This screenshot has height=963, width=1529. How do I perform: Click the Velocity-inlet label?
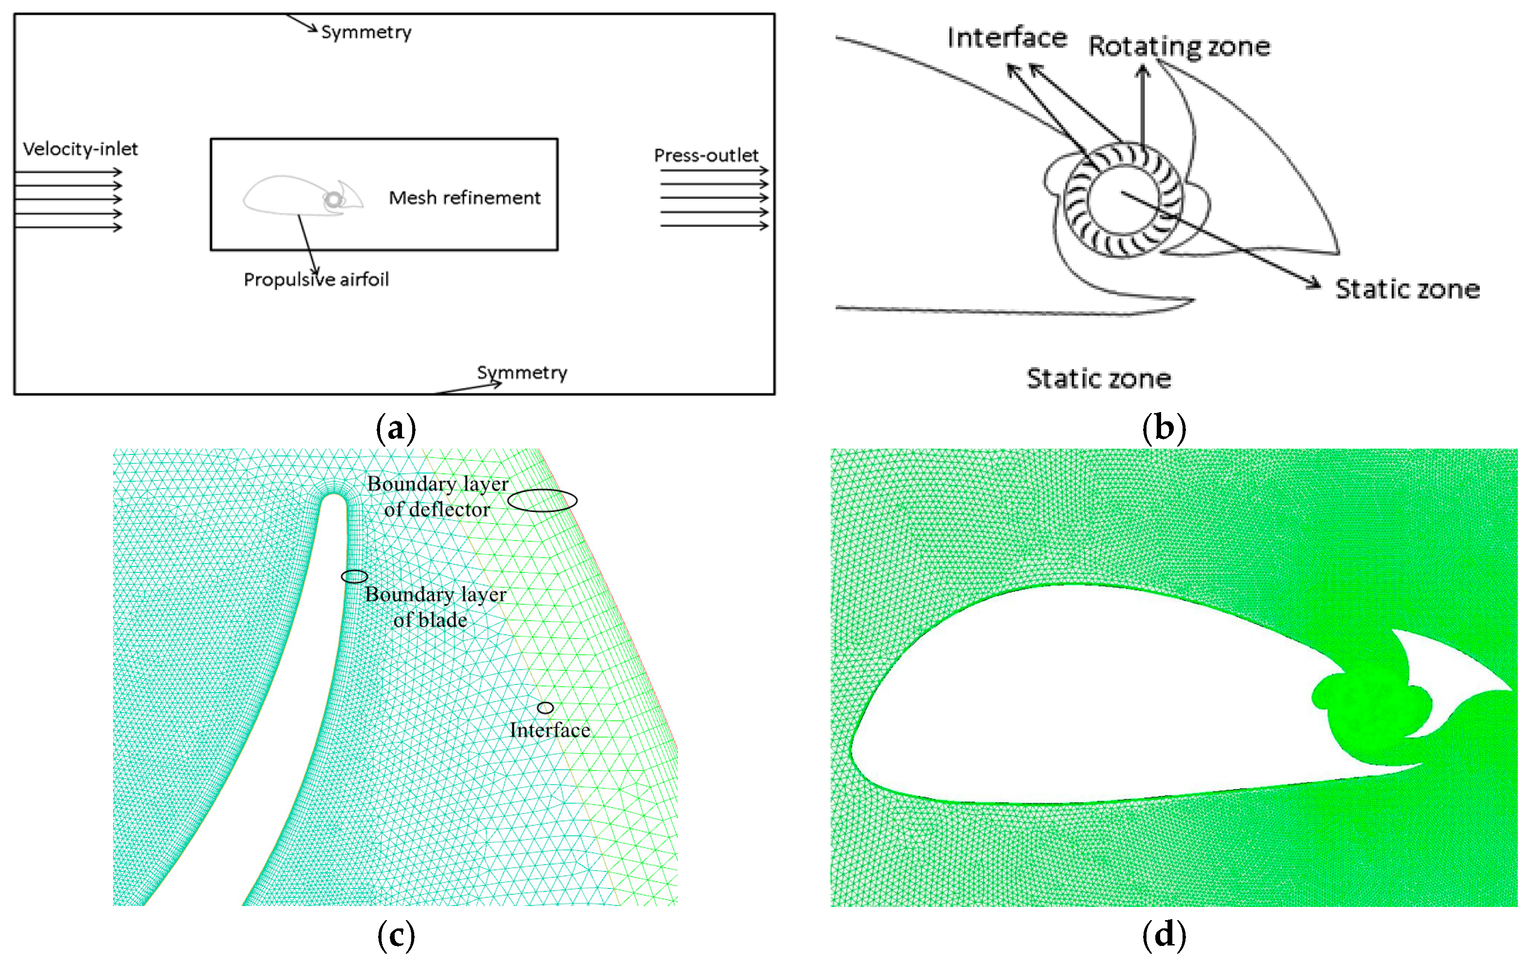(x=80, y=149)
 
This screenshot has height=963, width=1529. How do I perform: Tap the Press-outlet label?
(x=706, y=155)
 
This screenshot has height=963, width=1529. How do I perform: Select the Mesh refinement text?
(x=464, y=198)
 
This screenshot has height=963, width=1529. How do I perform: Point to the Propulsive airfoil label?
(x=316, y=280)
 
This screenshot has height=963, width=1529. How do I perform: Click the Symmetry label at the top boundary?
(x=366, y=32)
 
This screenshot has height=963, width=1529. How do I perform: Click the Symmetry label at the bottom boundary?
(x=522, y=373)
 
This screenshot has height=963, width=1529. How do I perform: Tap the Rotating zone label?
(x=1179, y=47)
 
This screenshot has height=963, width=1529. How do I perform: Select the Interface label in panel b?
(x=1007, y=38)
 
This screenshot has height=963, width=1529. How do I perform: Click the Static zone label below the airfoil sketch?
(x=1098, y=379)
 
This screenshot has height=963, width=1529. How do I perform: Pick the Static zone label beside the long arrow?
(x=1407, y=289)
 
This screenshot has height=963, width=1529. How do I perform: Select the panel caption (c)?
(x=396, y=935)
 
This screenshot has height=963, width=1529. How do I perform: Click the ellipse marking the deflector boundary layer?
(x=542, y=501)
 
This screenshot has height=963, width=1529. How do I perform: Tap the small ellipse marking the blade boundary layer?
(x=354, y=576)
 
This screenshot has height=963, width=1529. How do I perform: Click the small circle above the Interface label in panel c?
(x=545, y=708)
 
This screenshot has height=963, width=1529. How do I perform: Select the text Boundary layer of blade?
(x=435, y=607)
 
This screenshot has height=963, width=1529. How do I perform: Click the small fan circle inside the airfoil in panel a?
(x=333, y=201)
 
